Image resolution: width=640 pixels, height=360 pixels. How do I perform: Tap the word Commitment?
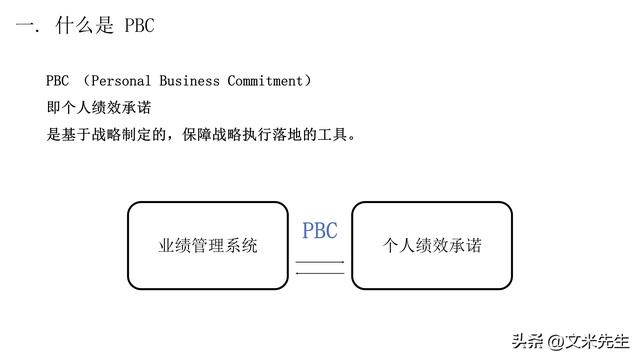pos(270,81)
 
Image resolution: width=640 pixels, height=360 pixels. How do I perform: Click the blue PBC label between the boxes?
pos(320,231)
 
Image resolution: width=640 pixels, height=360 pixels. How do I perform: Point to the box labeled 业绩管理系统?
pos(208,245)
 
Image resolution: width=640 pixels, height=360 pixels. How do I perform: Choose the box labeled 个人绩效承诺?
pos(432,245)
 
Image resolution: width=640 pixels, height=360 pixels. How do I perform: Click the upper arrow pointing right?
pos(320,262)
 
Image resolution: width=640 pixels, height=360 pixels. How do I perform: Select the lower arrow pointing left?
pos(320,272)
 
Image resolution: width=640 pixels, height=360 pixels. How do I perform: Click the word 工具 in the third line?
pos(331,133)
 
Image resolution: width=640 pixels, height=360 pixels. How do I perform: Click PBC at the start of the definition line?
pos(57,81)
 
